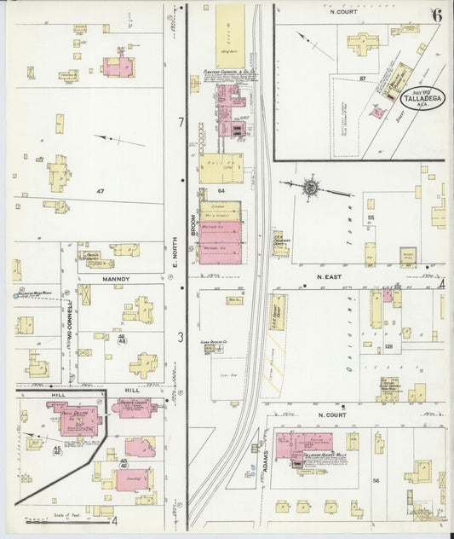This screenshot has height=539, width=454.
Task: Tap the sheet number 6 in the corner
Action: coord(436,14)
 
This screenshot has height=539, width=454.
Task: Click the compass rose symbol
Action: coord(311,187)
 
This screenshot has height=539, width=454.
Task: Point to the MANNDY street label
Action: coord(115,278)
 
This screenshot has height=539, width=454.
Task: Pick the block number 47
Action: coord(100,191)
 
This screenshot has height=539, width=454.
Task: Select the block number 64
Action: coord(220,190)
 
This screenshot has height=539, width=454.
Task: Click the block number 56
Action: coord(376,481)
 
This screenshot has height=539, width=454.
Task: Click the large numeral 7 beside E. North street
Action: coord(180,123)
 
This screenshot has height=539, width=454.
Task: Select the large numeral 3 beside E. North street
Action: coord(180,338)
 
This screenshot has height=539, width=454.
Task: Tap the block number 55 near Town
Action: coord(371,218)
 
